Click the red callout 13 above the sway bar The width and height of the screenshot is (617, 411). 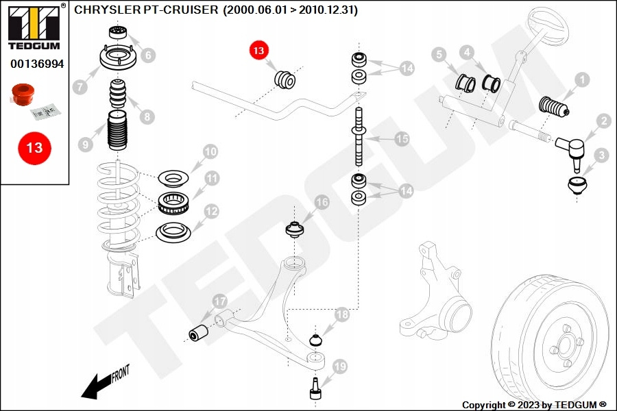pyautogui.click(x=259, y=50)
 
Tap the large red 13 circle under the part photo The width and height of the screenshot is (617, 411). pyautogui.click(x=34, y=147)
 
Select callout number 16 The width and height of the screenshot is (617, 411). pyautogui.click(x=322, y=202)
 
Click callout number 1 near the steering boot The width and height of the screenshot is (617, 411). pyautogui.click(x=581, y=80)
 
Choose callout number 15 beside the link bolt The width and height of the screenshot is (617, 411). pyautogui.click(x=402, y=139)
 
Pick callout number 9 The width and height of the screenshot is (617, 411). pyautogui.click(x=85, y=145)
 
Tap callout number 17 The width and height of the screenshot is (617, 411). pyautogui.click(x=219, y=301)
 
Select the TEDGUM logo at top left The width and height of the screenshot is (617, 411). pyautogui.click(x=33, y=27)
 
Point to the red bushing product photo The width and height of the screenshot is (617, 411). pyautogui.click(x=23, y=95)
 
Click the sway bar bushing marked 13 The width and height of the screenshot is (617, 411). pyautogui.click(x=285, y=79)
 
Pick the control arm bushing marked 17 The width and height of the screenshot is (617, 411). pyautogui.click(x=199, y=332)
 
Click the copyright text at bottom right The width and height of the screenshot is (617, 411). pyautogui.click(x=535, y=405)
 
